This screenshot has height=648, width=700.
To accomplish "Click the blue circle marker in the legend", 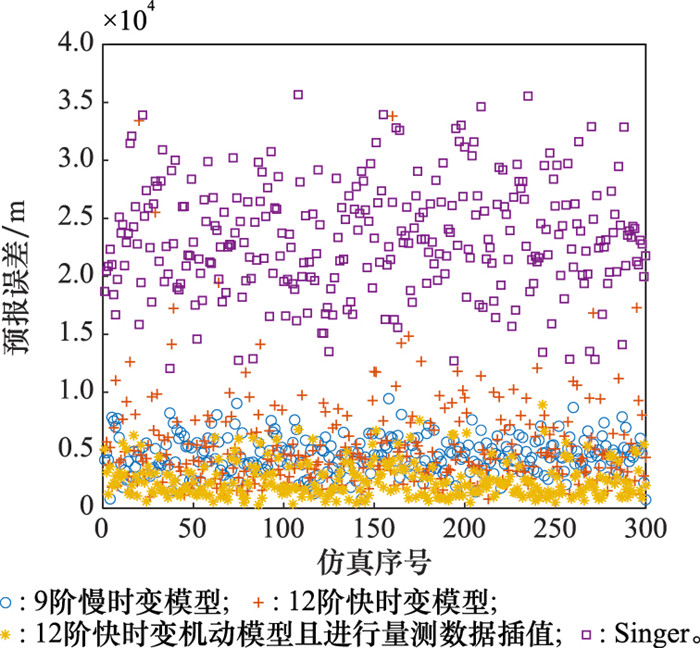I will coord(9,602).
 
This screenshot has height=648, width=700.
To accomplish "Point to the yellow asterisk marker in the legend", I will coord(9,632).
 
